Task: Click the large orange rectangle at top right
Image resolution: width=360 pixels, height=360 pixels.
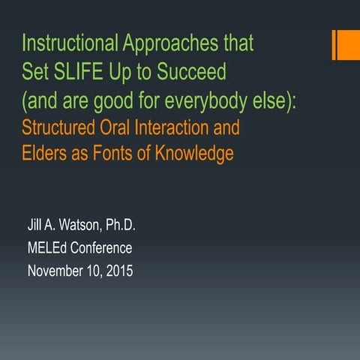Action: pos(349,45)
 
